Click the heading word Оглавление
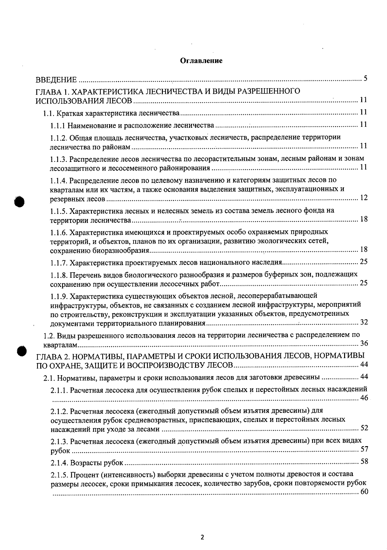coord(201,61)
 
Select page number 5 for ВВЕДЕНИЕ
coord(365,78)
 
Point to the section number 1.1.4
coord(58,180)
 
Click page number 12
coord(363,198)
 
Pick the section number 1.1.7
coord(58,263)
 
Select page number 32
coord(363,322)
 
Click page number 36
coord(364,343)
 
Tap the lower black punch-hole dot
coord(22,351)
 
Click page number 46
coord(364,398)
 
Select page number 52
coord(364,428)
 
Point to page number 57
coord(364,449)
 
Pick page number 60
coord(363,492)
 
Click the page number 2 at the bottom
coord(202,537)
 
